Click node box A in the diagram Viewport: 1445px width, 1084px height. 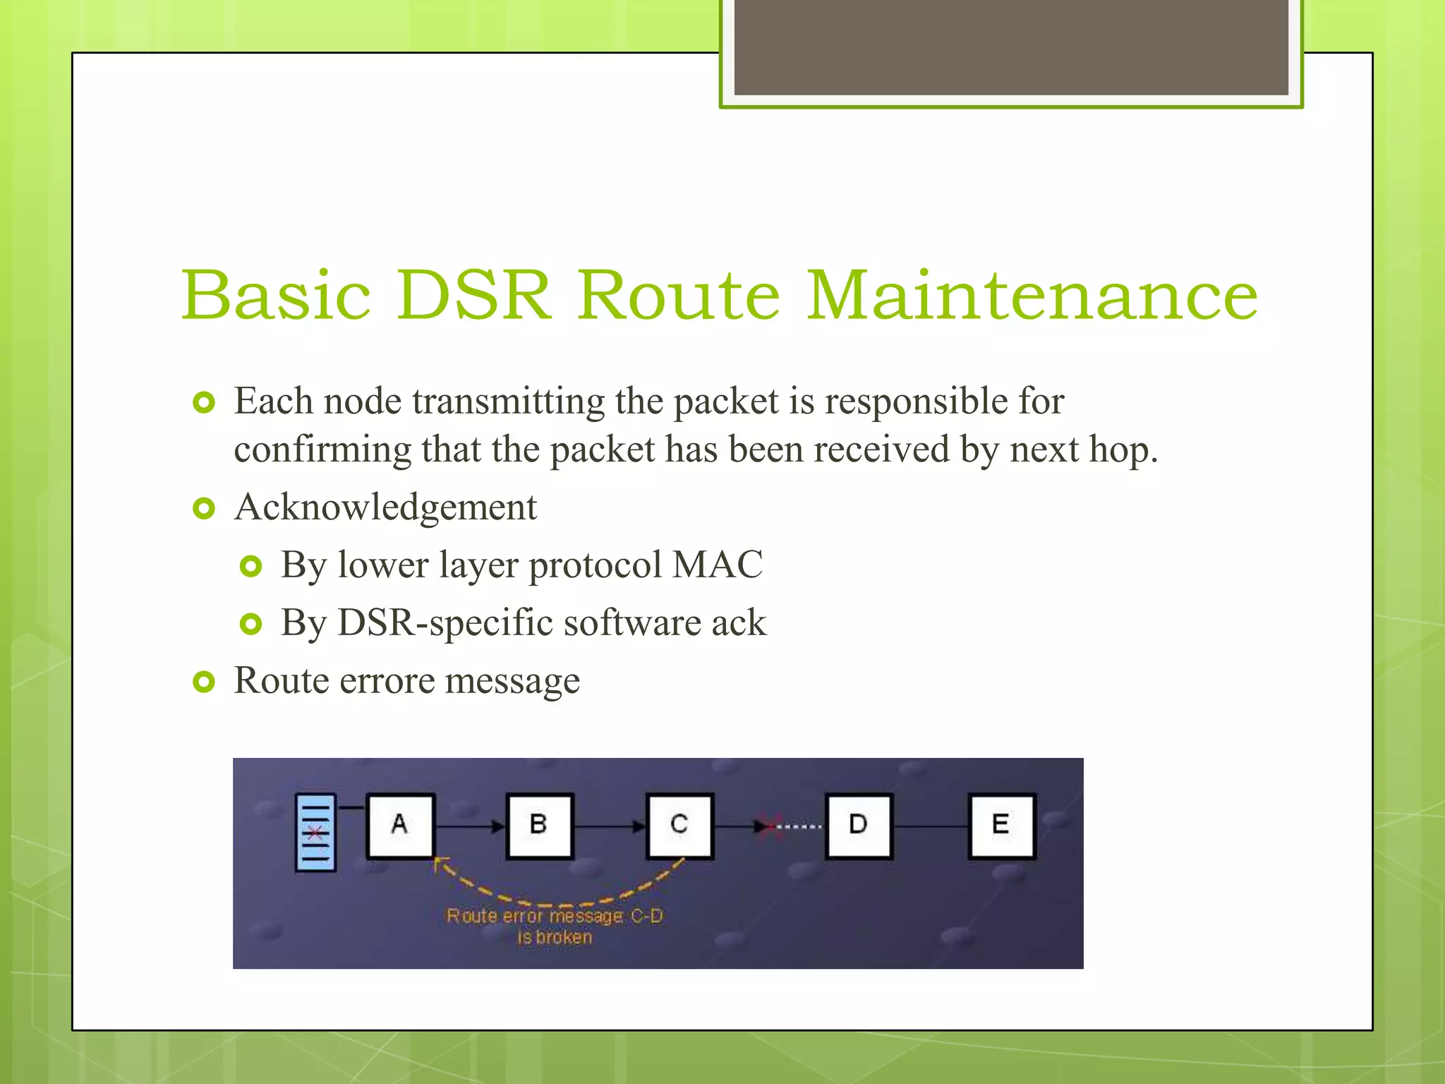pyautogui.click(x=400, y=825)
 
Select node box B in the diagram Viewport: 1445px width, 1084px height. pyautogui.click(x=539, y=825)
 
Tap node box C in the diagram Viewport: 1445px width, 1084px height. pyautogui.click(x=679, y=825)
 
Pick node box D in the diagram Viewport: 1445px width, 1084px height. pyautogui.click(x=858, y=825)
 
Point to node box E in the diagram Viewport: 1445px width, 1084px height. pyautogui.click(x=1001, y=825)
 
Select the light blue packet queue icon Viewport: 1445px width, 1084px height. pyautogui.click(x=315, y=833)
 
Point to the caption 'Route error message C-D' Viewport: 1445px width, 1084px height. pyautogui.click(x=555, y=916)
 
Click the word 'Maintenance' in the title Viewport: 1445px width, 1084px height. pyautogui.click(x=1032, y=295)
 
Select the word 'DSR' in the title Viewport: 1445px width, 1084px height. pyautogui.click(x=473, y=295)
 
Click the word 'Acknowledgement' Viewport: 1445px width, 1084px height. pyautogui.click(x=385, y=507)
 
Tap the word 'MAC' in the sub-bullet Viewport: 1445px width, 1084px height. pyautogui.click(x=718, y=565)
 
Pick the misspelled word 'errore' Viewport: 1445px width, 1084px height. pyautogui.click(x=387, y=681)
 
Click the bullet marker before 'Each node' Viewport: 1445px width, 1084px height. pyautogui.click(x=204, y=403)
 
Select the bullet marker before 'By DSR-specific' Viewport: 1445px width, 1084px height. pyautogui.click(x=251, y=624)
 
